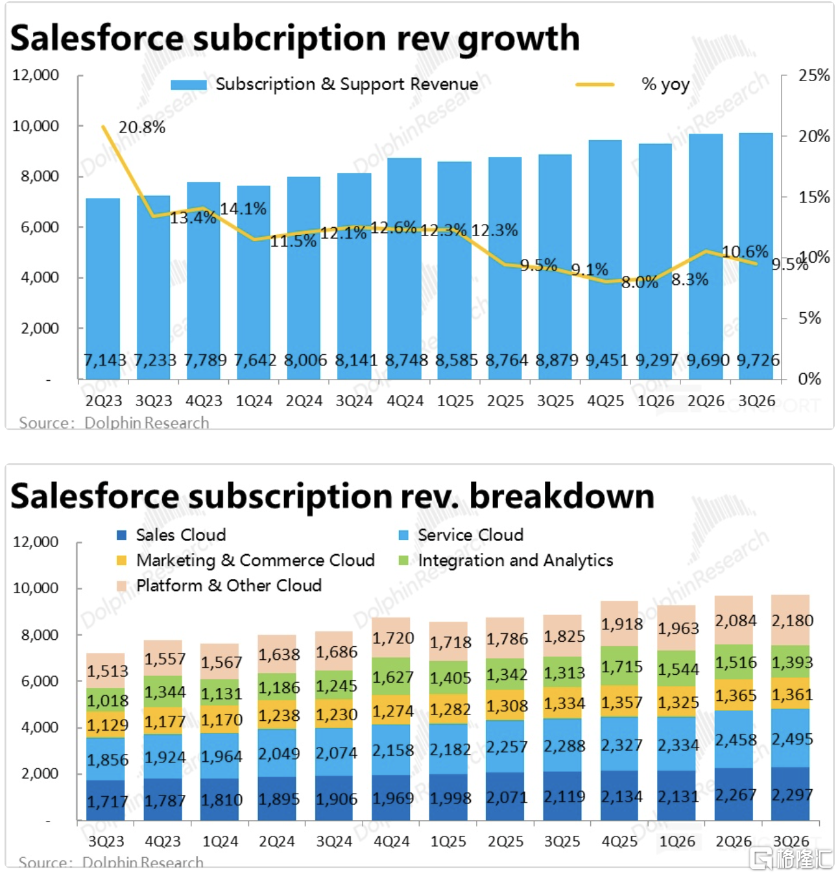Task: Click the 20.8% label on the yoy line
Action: click(141, 127)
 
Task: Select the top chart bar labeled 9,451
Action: click(605, 260)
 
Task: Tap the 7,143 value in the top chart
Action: click(104, 360)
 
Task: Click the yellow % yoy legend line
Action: click(594, 84)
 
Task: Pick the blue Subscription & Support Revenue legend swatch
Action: click(188, 84)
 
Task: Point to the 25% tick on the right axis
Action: click(813, 75)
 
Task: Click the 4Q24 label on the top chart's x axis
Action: click(405, 401)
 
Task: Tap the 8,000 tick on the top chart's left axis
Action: click(40, 176)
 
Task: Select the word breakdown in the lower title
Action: click(561, 496)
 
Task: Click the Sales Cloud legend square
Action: click(121, 535)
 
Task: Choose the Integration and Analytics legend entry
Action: click(515, 560)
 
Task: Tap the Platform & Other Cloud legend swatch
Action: click(121, 586)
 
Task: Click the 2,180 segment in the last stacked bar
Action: click(791, 620)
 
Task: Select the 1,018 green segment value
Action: click(108, 701)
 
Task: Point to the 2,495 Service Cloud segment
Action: click(791, 739)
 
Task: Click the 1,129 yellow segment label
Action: click(108, 725)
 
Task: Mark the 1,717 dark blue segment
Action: click(108, 801)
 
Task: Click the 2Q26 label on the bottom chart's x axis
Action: click(734, 842)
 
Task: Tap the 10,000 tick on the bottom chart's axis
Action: click(36, 588)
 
